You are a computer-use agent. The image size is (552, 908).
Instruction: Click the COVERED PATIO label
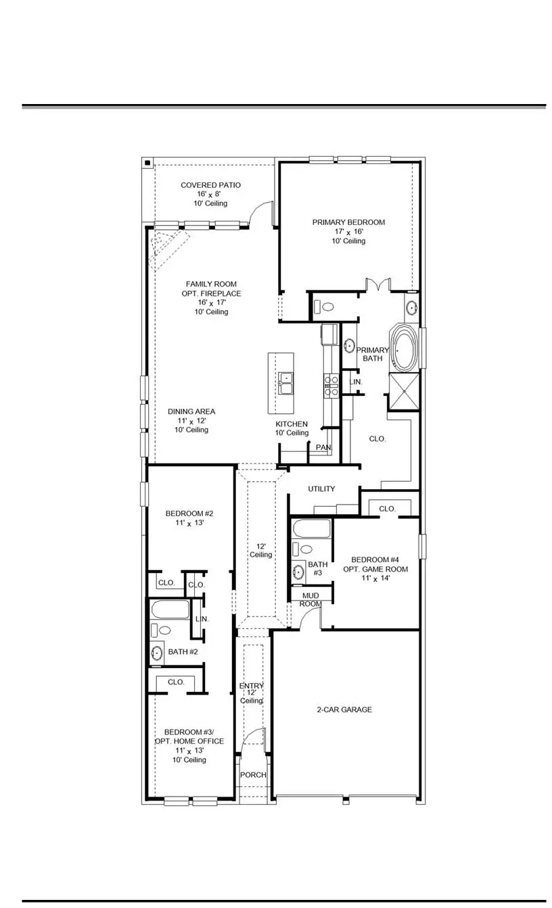click(x=210, y=185)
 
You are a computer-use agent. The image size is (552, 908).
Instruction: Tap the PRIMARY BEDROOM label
click(x=348, y=222)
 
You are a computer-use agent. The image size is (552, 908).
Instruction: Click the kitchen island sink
click(x=285, y=383)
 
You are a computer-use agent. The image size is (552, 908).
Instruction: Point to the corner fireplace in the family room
click(x=165, y=245)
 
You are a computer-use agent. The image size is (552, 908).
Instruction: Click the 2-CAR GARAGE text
click(x=344, y=710)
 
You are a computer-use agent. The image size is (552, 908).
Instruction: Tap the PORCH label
click(x=254, y=775)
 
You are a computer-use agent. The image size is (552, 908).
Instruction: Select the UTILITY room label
click(x=321, y=489)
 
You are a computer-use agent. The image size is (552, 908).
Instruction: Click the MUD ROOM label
click(x=311, y=599)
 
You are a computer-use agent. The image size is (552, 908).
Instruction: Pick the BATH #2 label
click(x=183, y=652)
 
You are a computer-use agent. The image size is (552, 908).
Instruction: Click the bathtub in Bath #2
click(x=170, y=610)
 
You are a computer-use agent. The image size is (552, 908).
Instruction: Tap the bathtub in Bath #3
click(x=312, y=529)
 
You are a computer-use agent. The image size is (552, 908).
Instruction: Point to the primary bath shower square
click(x=404, y=390)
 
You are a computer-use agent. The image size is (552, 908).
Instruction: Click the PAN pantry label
click(x=323, y=447)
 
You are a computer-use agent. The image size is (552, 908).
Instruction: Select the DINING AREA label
click(x=191, y=411)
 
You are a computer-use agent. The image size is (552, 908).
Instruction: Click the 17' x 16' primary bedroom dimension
click(x=348, y=232)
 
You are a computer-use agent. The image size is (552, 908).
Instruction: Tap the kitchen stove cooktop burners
click(x=332, y=385)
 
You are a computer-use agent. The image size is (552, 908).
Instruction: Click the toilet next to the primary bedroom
click(x=328, y=307)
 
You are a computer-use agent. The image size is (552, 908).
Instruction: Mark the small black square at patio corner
click(x=147, y=163)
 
